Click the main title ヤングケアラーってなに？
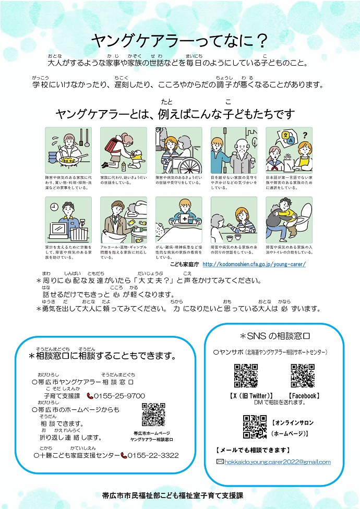tap(179, 41)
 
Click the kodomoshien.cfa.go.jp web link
tap(254, 264)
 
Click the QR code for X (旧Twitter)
tap(245, 375)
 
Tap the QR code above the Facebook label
tap(302, 375)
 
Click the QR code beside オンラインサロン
tap(255, 426)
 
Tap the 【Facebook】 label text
tap(304, 395)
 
